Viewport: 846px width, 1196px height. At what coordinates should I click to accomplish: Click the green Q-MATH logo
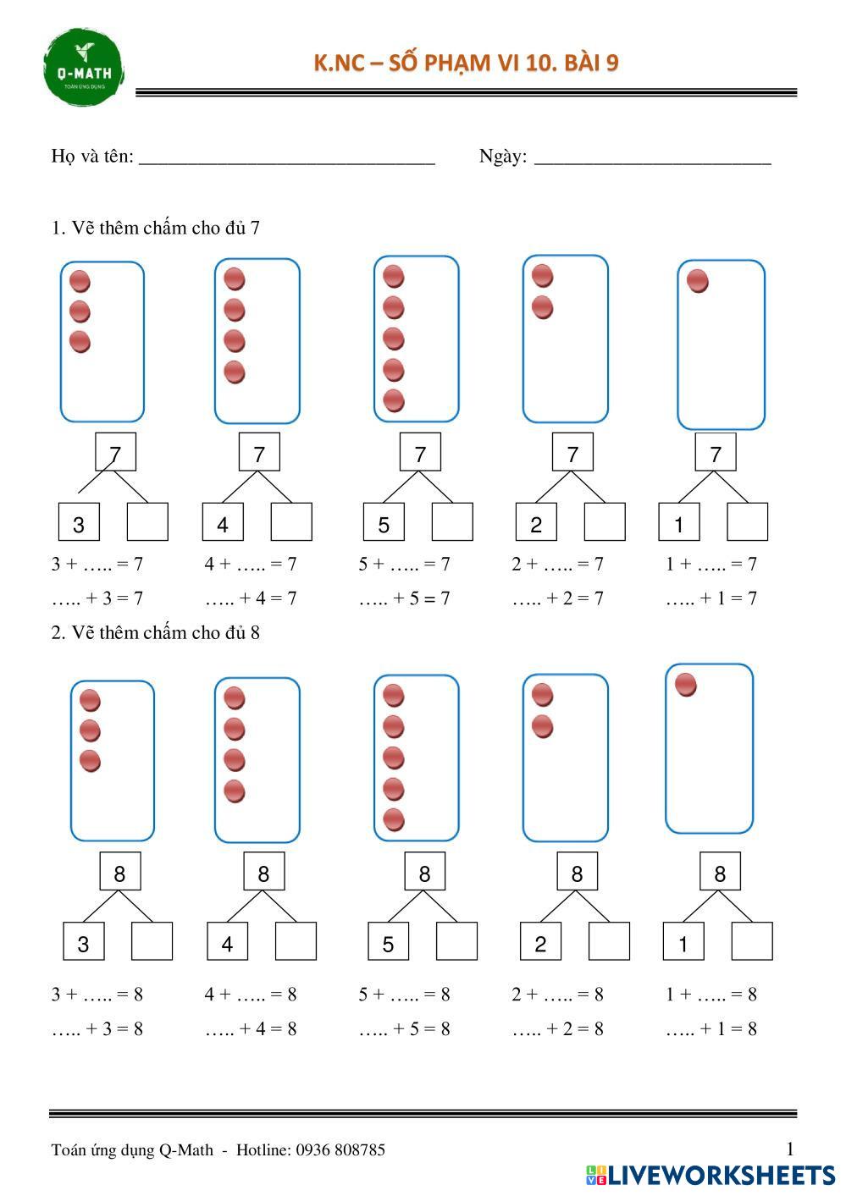(x=83, y=68)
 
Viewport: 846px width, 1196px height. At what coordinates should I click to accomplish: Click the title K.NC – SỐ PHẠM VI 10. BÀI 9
(x=466, y=63)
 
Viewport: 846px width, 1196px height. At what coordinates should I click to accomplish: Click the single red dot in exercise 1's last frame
(x=698, y=281)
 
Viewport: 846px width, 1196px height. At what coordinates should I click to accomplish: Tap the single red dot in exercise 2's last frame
(x=686, y=684)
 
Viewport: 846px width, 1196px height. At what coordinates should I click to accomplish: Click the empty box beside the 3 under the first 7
(x=147, y=522)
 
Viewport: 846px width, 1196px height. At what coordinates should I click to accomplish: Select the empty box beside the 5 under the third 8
(x=456, y=941)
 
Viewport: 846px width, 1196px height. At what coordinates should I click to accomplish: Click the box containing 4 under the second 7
(x=223, y=522)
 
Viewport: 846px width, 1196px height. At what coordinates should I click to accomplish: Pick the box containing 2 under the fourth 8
(x=540, y=941)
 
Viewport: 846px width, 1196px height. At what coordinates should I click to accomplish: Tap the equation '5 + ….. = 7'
(x=404, y=564)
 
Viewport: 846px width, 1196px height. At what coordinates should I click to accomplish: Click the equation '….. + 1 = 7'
(x=711, y=598)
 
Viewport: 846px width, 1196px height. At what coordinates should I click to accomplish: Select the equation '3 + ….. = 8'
(x=97, y=994)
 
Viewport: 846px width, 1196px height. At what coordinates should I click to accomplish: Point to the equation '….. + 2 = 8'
(x=557, y=1028)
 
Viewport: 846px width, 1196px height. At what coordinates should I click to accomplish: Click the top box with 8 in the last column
(x=720, y=872)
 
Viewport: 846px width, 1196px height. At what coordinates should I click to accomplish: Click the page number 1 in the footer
(x=790, y=1149)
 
